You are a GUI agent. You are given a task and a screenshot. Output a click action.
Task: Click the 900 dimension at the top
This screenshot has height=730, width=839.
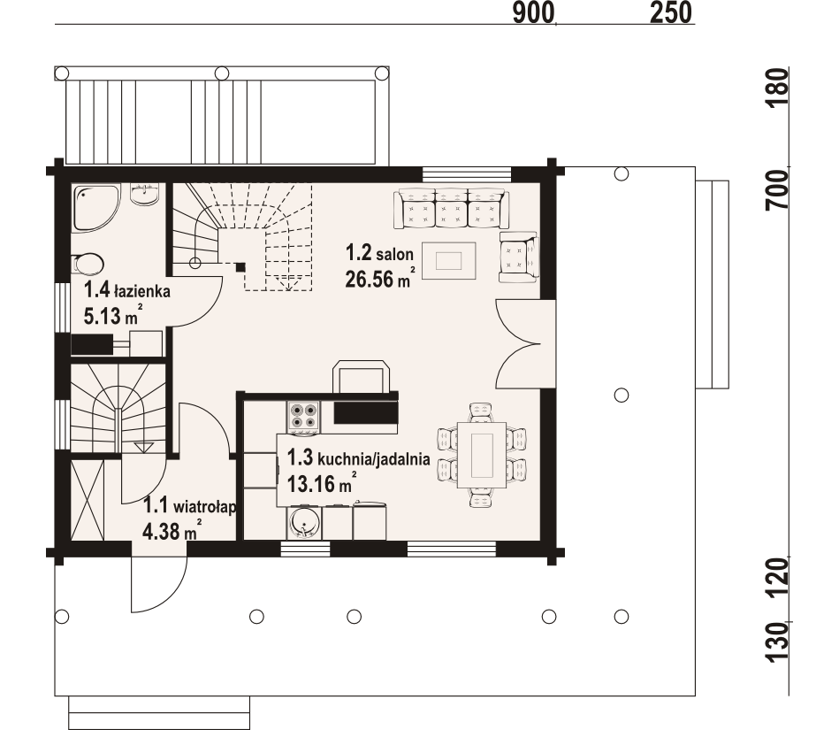click(533, 12)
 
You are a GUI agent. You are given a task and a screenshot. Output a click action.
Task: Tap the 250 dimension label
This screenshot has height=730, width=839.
click(671, 12)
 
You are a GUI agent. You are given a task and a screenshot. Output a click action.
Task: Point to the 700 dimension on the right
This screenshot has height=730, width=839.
click(777, 189)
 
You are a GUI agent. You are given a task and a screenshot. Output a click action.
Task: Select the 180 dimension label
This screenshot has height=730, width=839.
click(777, 88)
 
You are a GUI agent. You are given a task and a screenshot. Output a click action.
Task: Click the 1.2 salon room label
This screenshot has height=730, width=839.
click(379, 253)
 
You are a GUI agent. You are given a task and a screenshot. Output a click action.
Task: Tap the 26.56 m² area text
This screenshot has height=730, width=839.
click(380, 278)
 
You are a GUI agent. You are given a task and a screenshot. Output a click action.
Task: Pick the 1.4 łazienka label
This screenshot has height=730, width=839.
click(127, 291)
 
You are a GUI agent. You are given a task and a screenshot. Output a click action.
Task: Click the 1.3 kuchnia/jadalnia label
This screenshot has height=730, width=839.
click(359, 458)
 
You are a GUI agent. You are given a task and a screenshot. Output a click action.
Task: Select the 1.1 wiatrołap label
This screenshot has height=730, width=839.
click(190, 505)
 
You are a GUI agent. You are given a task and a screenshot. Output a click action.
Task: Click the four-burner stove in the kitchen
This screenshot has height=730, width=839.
click(303, 416)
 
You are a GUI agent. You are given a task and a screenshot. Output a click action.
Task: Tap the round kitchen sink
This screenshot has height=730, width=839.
click(304, 523)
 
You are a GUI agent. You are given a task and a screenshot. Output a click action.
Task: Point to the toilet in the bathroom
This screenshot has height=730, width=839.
click(88, 264)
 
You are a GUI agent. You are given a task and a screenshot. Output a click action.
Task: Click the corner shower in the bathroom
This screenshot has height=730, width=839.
click(95, 208)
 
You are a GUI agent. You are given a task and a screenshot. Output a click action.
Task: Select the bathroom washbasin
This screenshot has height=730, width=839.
click(144, 195)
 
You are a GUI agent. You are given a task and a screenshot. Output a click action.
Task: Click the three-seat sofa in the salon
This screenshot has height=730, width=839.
click(452, 209)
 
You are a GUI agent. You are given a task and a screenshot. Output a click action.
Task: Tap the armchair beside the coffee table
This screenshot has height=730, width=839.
click(518, 257)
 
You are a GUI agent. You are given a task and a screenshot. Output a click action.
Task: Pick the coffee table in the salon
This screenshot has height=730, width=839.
click(449, 261)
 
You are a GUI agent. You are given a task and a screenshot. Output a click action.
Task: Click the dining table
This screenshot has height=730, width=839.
click(482, 455)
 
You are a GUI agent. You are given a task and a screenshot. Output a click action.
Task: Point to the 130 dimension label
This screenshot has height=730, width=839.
click(777, 642)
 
